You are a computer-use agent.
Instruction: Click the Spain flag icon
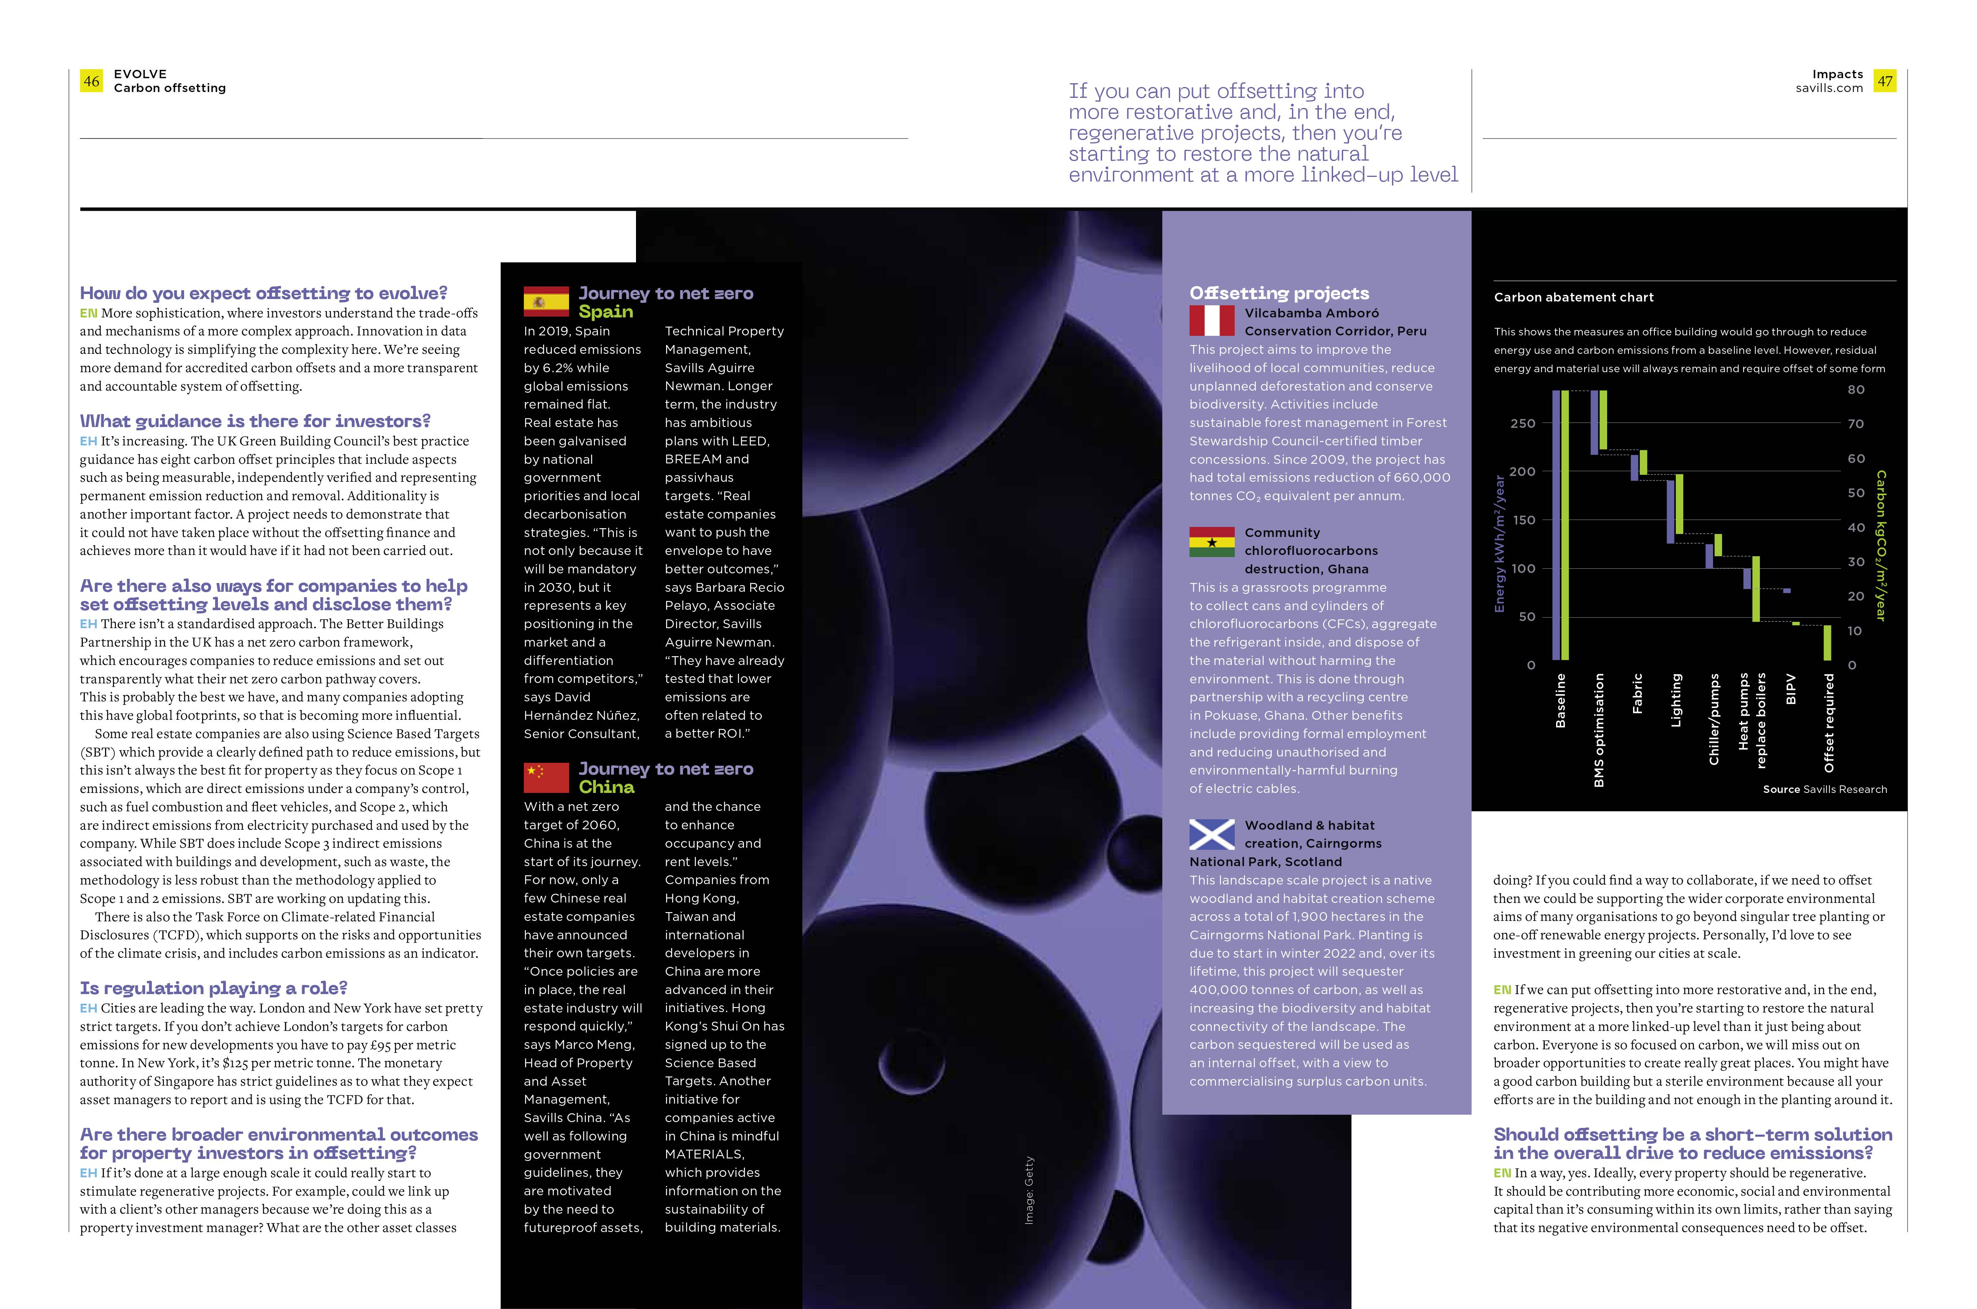546,302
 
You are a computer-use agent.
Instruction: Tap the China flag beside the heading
546,777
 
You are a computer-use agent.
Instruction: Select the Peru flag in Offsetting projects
1211,321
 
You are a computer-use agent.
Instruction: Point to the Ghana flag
1211,542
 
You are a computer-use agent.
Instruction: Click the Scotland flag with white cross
1211,834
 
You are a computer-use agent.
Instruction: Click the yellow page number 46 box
91,81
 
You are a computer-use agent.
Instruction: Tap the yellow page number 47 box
1884,81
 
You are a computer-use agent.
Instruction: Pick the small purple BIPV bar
1787,590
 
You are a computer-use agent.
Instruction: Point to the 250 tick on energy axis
1523,423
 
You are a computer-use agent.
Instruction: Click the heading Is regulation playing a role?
213,988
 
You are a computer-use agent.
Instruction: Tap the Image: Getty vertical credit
1029,1190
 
